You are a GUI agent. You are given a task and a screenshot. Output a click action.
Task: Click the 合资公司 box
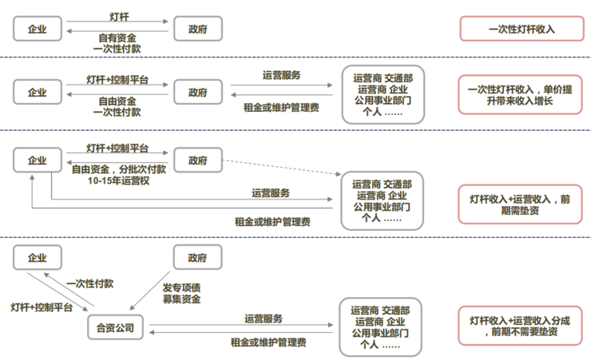pyautogui.click(x=116, y=326)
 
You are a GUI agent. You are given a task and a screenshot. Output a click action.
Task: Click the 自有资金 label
pyautogui.click(x=117, y=37)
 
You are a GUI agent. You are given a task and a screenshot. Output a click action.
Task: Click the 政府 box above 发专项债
pyautogui.click(x=197, y=258)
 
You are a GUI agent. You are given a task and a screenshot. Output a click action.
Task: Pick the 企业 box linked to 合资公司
pyautogui.click(x=38, y=258)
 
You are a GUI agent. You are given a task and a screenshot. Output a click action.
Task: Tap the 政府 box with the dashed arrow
pyautogui.click(x=197, y=160)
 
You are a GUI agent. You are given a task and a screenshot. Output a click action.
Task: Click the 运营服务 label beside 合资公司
pyautogui.click(x=264, y=318)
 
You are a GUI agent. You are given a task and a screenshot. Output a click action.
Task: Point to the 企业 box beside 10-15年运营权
pyautogui.click(x=38, y=160)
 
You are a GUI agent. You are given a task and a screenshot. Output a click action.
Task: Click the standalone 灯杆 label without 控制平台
pyautogui.click(x=118, y=16)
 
